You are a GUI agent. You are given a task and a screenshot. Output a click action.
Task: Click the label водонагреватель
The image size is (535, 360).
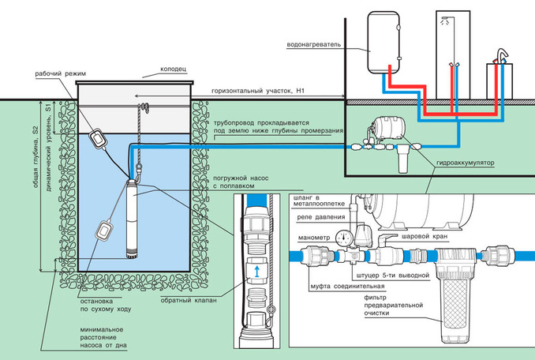(314, 44)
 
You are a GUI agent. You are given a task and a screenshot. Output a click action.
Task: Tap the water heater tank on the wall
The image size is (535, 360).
(383, 43)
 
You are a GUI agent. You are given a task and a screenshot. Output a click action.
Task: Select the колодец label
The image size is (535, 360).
(174, 69)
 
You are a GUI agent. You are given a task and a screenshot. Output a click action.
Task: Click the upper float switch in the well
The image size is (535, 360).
(99, 139)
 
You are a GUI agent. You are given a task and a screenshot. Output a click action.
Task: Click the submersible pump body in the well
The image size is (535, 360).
(131, 219)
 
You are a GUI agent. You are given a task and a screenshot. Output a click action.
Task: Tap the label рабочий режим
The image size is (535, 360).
(61, 73)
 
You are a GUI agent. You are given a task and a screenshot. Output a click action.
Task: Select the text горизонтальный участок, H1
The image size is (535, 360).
(257, 91)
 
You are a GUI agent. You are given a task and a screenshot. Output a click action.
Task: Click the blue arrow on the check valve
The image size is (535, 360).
(257, 272)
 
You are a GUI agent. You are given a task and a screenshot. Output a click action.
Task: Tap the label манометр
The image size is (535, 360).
(314, 238)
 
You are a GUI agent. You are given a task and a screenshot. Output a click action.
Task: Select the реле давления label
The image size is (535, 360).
(321, 217)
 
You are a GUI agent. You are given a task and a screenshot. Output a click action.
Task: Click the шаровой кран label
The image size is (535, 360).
(424, 236)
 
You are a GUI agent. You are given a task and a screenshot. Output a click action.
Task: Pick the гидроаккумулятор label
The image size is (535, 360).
(465, 163)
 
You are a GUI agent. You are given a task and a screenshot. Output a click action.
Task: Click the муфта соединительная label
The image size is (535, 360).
(347, 286)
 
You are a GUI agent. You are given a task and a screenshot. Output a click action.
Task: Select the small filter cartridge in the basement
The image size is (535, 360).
(403, 159)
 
